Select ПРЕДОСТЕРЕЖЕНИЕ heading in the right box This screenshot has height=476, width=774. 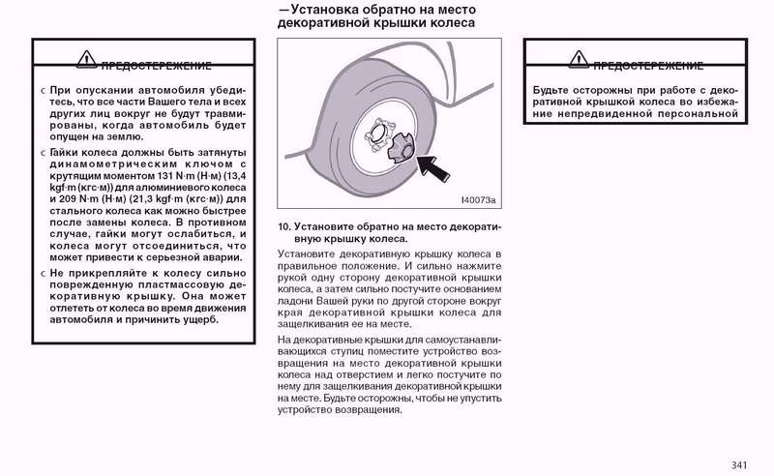[x=647, y=66]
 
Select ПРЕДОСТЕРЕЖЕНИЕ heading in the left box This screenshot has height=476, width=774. [x=157, y=66]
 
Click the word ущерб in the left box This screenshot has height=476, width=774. [x=200, y=318]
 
